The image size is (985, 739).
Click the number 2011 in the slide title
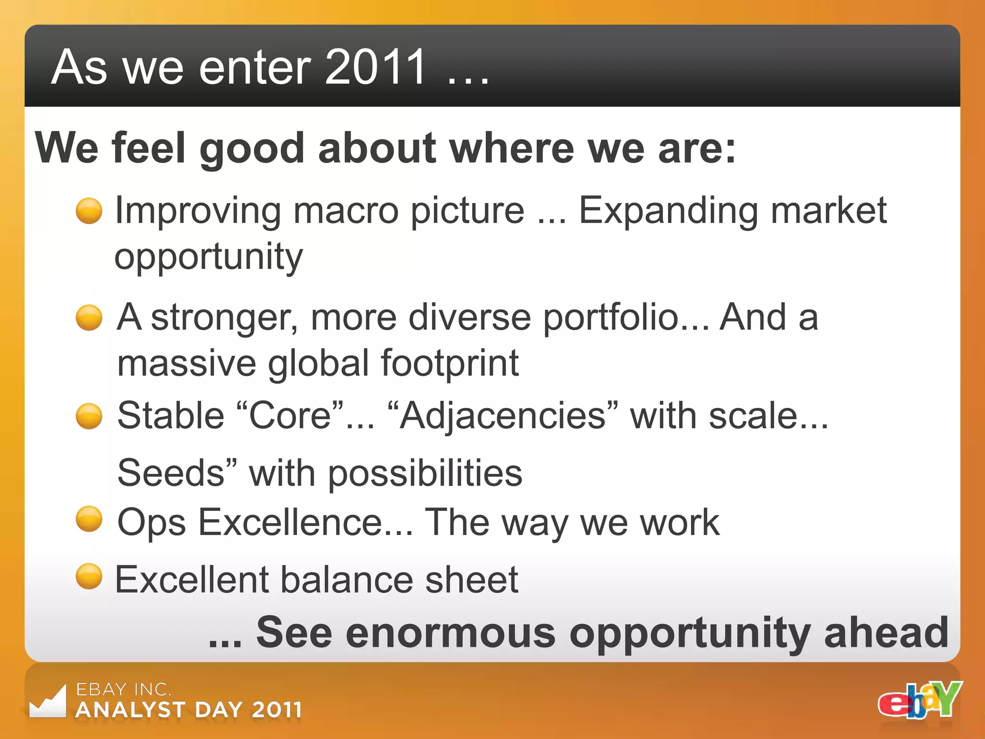(375, 67)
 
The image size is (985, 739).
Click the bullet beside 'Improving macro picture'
(89, 211)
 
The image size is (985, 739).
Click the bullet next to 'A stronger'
(89, 318)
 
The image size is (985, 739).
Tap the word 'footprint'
(450, 363)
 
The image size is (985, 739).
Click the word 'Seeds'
(171, 473)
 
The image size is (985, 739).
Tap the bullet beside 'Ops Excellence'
(89, 519)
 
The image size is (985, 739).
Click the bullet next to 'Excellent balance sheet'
(89, 576)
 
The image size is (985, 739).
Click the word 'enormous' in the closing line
(450, 633)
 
